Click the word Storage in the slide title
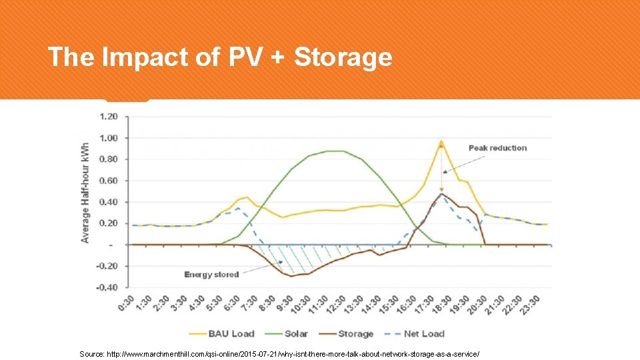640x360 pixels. [343, 58]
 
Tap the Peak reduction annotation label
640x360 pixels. [497, 148]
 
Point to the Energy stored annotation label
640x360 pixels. [211, 275]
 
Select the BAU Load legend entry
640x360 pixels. [223, 333]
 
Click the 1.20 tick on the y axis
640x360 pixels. [109, 117]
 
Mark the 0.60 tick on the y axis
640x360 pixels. [109, 181]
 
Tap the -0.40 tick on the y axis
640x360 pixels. [108, 287]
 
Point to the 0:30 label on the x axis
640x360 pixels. [126, 305]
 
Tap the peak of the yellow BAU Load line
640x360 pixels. [441, 141]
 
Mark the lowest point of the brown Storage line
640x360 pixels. [291, 276]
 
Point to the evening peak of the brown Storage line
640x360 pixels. [442, 194]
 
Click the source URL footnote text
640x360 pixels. [279, 353]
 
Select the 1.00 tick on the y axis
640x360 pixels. [109, 138]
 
